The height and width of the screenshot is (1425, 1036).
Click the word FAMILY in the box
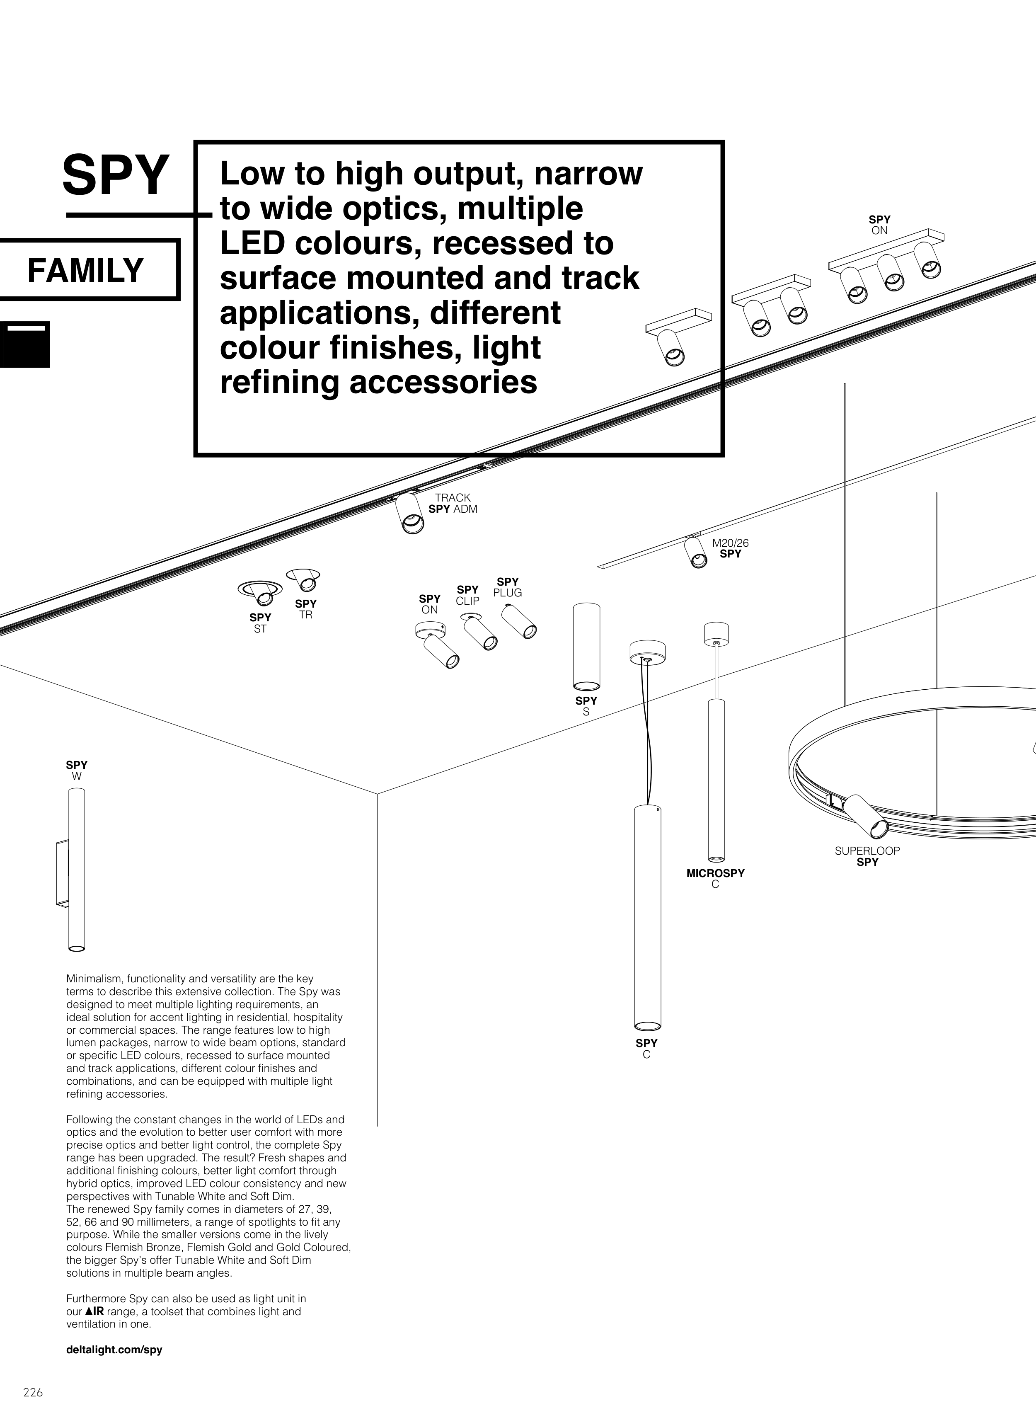(85, 270)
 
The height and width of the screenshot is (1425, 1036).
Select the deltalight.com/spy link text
(114, 1350)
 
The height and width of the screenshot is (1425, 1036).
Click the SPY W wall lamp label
(77, 770)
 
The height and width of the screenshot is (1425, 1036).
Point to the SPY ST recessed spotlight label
(260, 623)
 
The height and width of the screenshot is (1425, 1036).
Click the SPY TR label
(306, 609)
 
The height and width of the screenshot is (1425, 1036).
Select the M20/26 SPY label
(730, 548)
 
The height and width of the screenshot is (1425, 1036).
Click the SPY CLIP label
(467, 595)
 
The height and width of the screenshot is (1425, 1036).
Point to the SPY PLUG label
(508, 587)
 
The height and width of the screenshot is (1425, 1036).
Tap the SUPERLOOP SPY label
(867, 856)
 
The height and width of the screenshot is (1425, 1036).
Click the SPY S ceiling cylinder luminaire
(586, 646)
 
